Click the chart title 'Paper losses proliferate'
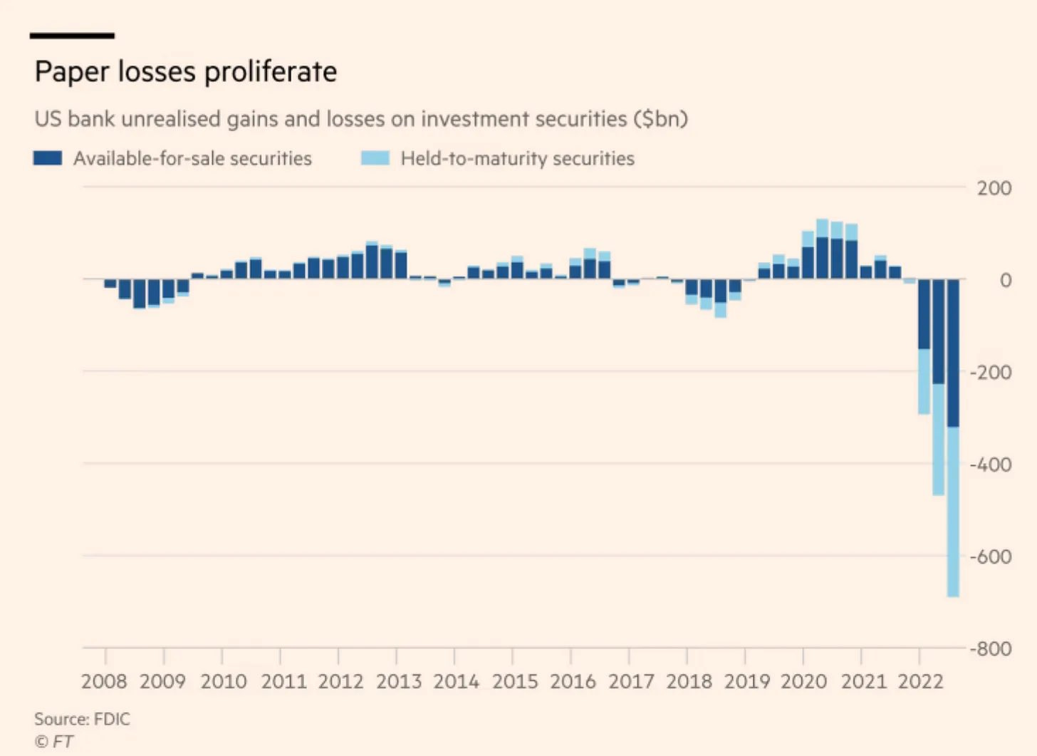pos(186,72)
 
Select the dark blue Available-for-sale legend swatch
pos(48,158)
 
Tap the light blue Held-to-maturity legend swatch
pos(375,158)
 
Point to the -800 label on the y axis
pos(990,649)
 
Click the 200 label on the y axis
pos(994,188)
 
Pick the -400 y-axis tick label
pos(990,465)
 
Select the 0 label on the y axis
pos(1005,280)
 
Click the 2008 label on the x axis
pos(104,681)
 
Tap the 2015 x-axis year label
pos(515,681)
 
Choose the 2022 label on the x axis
pos(920,681)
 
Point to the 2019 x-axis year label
pos(747,681)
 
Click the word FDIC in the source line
pos(112,719)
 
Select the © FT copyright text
pos(53,741)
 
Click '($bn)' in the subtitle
pos(660,118)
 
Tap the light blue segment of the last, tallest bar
pos(953,512)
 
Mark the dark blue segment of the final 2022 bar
pos(953,353)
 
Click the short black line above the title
pos(72,35)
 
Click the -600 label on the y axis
pos(990,556)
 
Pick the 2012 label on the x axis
pos(340,681)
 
